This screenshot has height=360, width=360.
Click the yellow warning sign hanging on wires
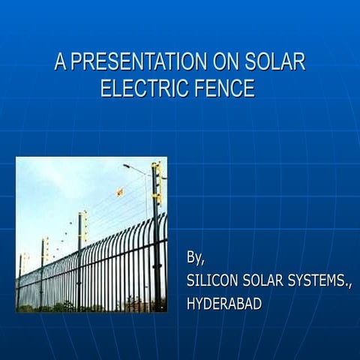[119, 192]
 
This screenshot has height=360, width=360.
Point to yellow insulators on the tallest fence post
[157, 184]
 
